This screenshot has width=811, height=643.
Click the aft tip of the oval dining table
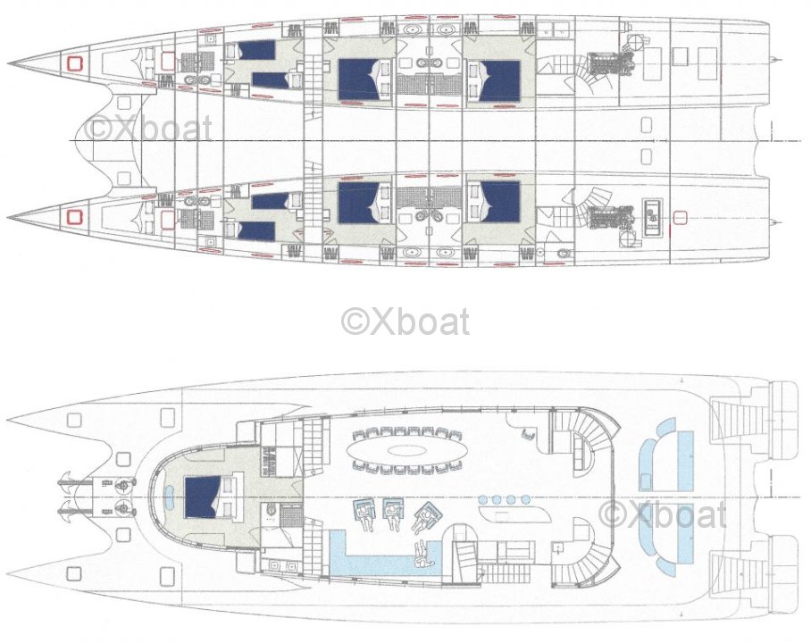pyautogui.click(x=466, y=449)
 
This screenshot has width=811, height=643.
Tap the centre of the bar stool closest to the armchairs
pyautogui.click(x=482, y=499)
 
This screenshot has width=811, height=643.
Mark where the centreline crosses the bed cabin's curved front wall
pyautogui.click(x=148, y=498)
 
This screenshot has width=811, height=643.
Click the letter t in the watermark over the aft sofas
pyautogui.click(x=720, y=515)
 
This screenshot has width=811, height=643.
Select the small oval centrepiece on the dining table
pyautogui.click(x=405, y=450)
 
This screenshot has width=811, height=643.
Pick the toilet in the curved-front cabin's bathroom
pyautogui.click(x=270, y=511)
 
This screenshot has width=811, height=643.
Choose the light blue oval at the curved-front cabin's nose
pyautogui.click(x=169, y=497)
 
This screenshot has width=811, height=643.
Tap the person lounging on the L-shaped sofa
pyautogui.click(x=422, y=555)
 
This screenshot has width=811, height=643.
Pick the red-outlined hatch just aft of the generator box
pyautogui.click(x=679, y=219)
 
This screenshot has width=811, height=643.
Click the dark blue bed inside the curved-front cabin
pyautogui.click(x=204, y=497)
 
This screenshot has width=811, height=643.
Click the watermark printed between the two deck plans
pyautogui.click(x=405, y=321)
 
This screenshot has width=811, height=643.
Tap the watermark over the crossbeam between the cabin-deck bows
pyautogui.click(x=148, y=129)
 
